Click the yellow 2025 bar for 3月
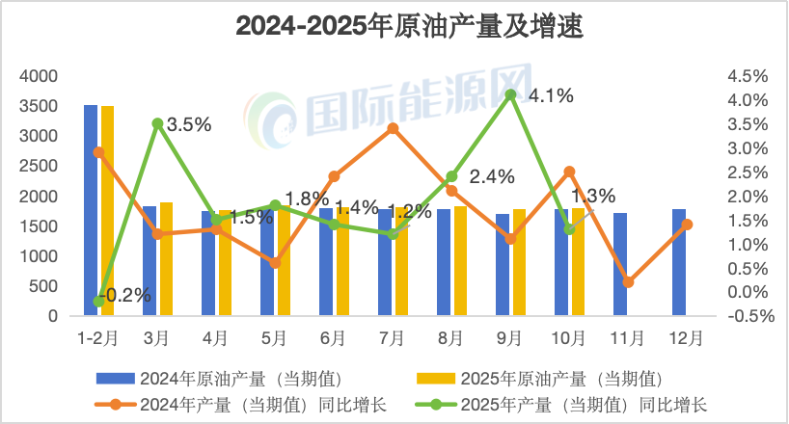click(x=166, y=258)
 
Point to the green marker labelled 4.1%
click(x=510, y=94)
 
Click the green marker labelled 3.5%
click(x=157, y=123)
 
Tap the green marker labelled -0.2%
click(x=98, y=301)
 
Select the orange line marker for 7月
click(x=393, y=128)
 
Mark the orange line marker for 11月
click(x=628, y=281)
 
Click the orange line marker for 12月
click(x=687, y=225)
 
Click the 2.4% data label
click(x=492, y=176)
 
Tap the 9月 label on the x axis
click(x=510, y=338)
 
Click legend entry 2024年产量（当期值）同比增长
click(x=237, y=404)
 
